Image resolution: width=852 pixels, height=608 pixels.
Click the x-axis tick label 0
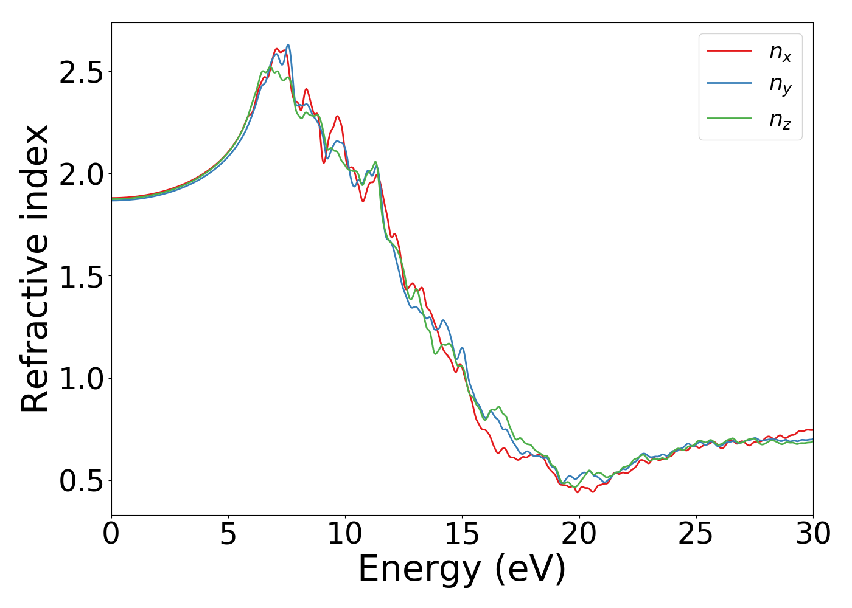pyautogui.click(x=111, y=534)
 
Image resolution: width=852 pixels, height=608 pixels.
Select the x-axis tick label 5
pyautogui.click(x=228, y=534)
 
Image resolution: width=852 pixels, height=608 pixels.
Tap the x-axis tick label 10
pyautogui.click(x=345, y=534)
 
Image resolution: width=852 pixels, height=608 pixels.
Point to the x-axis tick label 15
pyautogui.click(x=462, y=534)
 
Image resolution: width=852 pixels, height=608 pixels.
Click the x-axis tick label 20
pyautogui.click(x=579, y=534)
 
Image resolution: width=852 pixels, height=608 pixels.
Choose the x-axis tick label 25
pyautogui.click(x=696, y=534)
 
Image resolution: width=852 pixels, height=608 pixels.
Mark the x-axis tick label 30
pyautogui.click(x=812, y=534)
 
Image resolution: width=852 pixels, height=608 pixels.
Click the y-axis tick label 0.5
pyautogui.click(x=81, y=481)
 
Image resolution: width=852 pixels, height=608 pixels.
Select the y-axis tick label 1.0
pyautogui.click(x=81, y=379)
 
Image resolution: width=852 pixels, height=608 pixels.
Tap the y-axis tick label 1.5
pyautogui.click(x=81, y=277)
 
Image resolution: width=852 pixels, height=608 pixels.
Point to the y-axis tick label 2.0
pyautogui.click(x=81, y=174)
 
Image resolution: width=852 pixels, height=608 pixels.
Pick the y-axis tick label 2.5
pyautogui.click(x=81, y=72)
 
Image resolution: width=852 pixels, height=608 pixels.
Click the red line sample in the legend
pyautogui.click(x=729, y=51)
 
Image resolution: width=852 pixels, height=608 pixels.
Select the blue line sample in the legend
pyautogui.click(x=729, y=85)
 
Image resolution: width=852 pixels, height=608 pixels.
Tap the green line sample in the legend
pyautogui.click(x=729, y=118)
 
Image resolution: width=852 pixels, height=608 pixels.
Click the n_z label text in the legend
pyautogui.click(x=780, y=119)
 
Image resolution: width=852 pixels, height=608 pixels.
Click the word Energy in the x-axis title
pyautogui.click(x=419, y=570)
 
